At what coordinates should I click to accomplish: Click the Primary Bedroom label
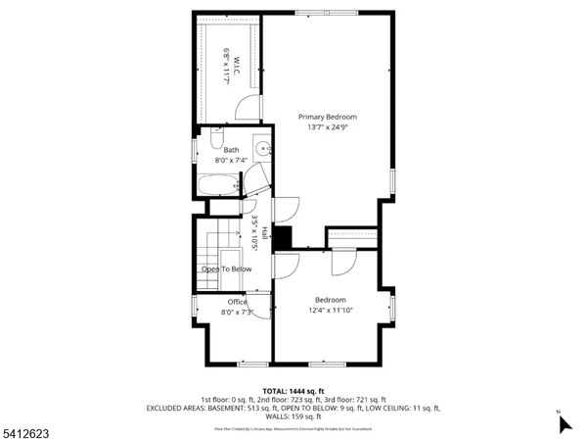328,117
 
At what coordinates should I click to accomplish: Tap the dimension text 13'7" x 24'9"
328,127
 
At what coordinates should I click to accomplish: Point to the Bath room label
231,150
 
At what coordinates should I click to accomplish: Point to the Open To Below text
227,269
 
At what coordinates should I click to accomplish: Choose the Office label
237,302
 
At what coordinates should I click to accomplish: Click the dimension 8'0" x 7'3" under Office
237,313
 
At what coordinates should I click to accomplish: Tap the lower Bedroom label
330,300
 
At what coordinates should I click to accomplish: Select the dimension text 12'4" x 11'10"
330,312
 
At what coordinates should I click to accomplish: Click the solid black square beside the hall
282,238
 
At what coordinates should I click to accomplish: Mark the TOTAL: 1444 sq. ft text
293,390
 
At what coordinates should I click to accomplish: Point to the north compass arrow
564,423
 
